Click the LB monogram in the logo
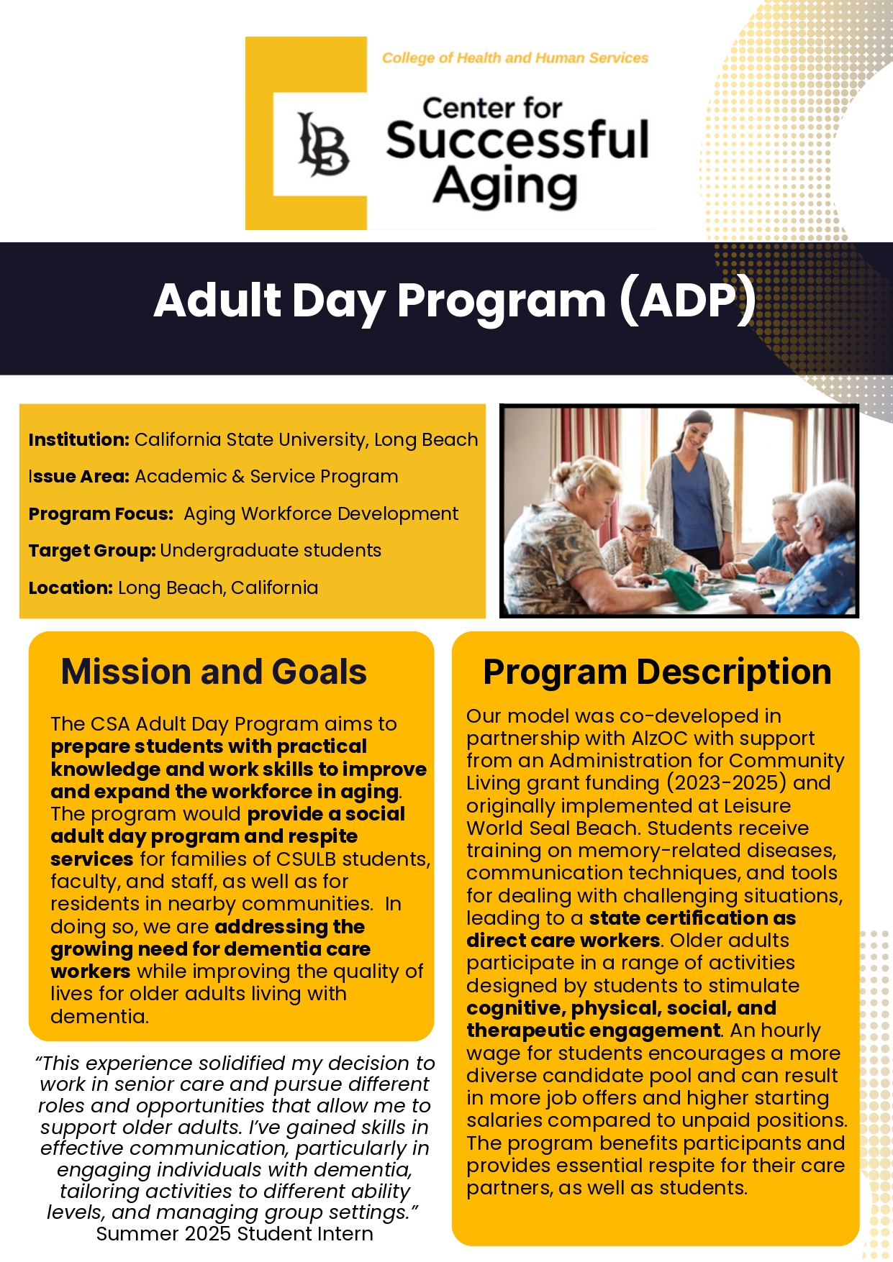pyautogui.click(x=323, y=144)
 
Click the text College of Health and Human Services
pyautogui.click(x=515, y=58)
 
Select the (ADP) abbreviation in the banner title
pyautogui.click(x=687, y=300)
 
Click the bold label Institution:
pyautogui.click(x=78, y=439)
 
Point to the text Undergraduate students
pyautogui.click(x=271, y=550)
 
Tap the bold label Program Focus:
pyautogui.click(x=101, y=513)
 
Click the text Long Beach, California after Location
pyautogui.click(x=218, y=587)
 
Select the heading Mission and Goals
pyautogui.click(x=214, y=672)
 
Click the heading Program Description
pyautogui.click(x=656, y=672)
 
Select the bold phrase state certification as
pyautogui.click(x=692, y=918)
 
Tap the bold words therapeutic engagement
pyautogui.click(x=593, y=1030)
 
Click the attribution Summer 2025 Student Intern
pyautogui.click(x=235, y=1234)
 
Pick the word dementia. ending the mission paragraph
pyautogui.click(x=99, y=1017)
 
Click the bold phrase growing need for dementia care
pyautogui.click(x=210, y=949)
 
